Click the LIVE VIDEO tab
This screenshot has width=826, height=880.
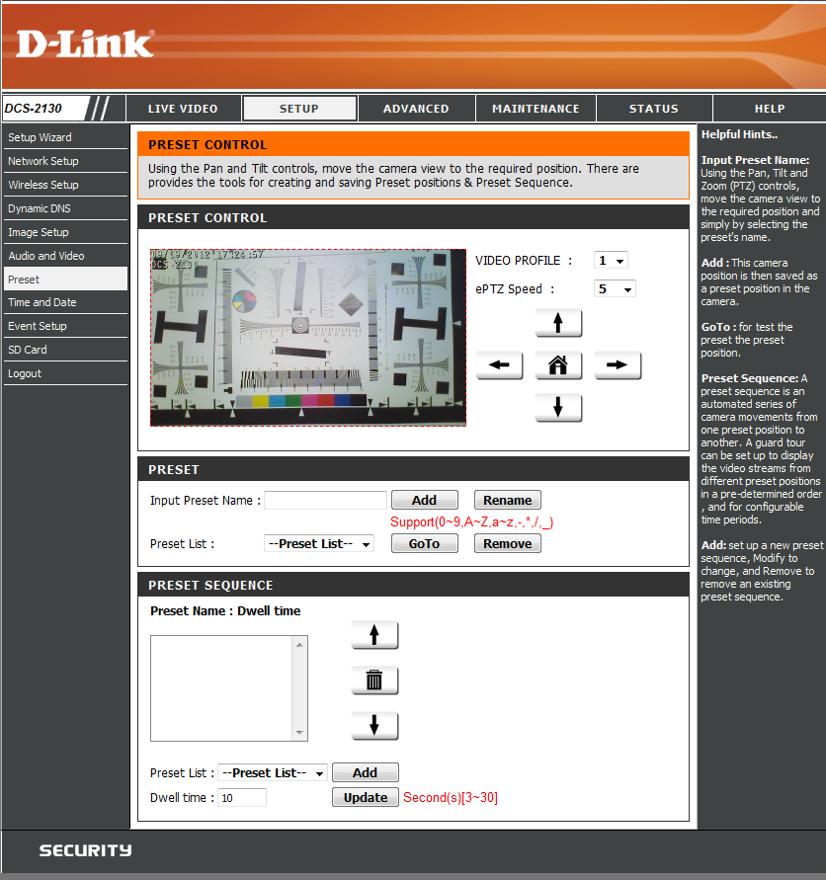tap(183, 109)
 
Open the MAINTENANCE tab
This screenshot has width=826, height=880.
tap(536, 109)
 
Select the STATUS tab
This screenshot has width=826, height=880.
tap(654, 109)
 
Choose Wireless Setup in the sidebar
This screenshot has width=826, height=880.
tap(43, 185)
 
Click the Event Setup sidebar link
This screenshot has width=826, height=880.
tap(38, 326)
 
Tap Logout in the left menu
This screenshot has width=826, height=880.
tap(25, 373)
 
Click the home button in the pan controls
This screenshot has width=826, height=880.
tap(558, 365)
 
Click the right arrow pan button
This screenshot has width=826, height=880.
tap(618, 365)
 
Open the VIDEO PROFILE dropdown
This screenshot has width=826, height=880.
tap(611, 261)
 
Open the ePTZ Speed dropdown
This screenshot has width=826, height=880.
tap(615, 289)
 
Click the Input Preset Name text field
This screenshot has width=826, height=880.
tap(325, 500)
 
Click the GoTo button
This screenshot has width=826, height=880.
tap(424, 544)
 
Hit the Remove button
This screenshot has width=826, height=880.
tap(508, 544)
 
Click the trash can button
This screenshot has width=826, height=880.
tap(374, 680)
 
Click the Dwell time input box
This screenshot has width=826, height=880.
tap(242, 797)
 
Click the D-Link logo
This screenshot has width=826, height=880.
tap(85, 43)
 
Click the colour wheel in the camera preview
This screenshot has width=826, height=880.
tap(244, 301)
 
